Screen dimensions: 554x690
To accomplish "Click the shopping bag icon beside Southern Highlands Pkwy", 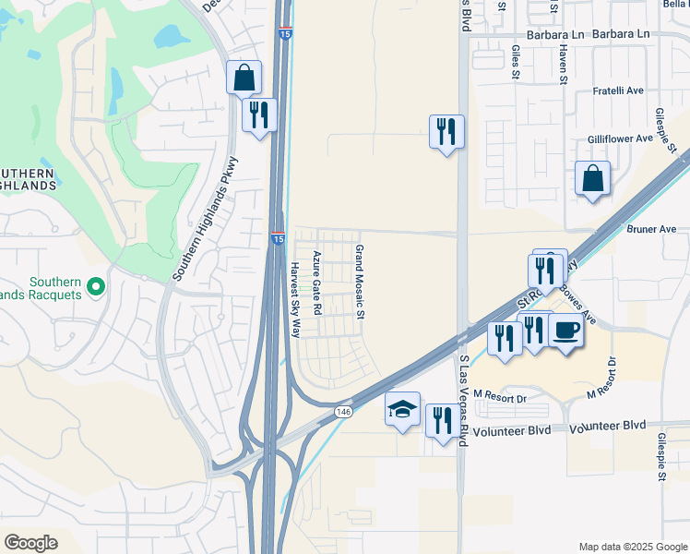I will pyautogui.click(x=244, y=78).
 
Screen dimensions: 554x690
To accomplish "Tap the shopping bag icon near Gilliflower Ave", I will pyautogui.click(x=591, y=179).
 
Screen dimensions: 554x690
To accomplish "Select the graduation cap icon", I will pyautogui.click(x=402, y=409).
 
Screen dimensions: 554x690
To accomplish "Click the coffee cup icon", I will pyautogui.click(x=565, y=330).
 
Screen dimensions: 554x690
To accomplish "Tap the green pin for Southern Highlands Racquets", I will pyautogui.click(x=96, y=290).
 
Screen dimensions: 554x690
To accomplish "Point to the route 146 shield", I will pyautogui.click(x=343, y=411).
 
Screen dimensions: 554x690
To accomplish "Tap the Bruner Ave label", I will pyautogui.click(x=651, y=229).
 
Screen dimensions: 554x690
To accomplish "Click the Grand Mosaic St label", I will pyautogui.click(x=361, y=283).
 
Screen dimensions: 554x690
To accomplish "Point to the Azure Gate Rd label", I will pyautogui.click(x=316, y=283).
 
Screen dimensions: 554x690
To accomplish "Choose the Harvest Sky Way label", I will pyautogui.click(x=296, y=300).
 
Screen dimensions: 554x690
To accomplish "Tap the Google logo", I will pyautogui.click(x=30, y=543).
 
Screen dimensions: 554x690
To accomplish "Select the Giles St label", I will pyautogui.click(x=514, y=66).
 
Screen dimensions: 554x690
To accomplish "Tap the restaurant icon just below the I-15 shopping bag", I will pyautogui.click(x=258, y=115).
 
